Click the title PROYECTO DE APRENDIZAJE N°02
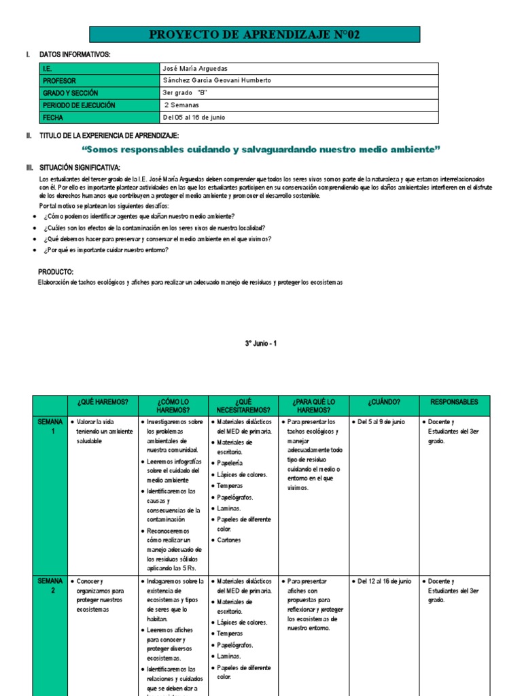click(255, 35)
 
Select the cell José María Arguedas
click(196, 69)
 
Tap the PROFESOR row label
click(60, 80)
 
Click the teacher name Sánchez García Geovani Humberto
click(217, 80)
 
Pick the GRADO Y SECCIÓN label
click(71, 92)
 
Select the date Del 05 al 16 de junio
click(194, 117)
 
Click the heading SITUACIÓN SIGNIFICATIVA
click(80, 167)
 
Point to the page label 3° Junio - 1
click(261, 344)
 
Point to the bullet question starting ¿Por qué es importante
click(105, 250)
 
